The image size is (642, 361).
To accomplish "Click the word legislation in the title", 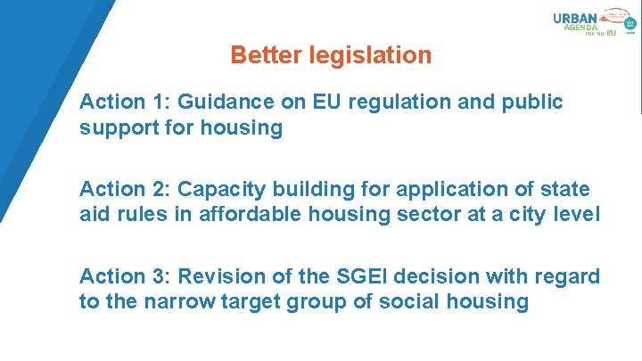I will click(370, 55).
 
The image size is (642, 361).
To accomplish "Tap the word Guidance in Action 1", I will click(217, 102).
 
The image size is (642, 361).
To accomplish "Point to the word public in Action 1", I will click(535, 102).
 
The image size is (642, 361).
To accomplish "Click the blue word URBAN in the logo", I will click(574, 19).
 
